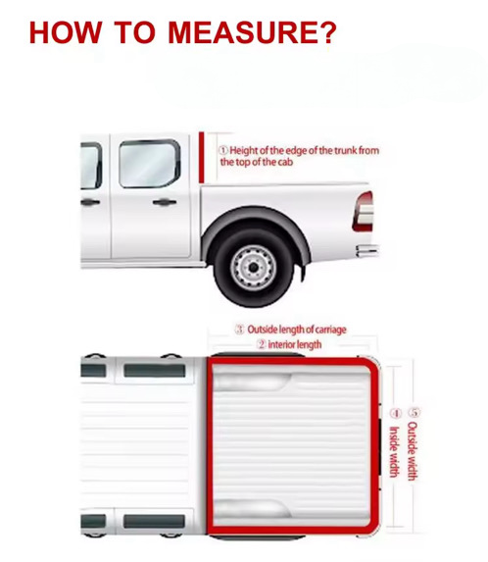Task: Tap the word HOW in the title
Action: (65, 32)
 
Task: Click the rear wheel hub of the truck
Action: (253, 267)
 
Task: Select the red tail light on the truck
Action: (364, 211)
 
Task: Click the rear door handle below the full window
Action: (165, 202)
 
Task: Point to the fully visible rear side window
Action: (150, 164)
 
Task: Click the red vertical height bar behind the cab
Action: (202, 157)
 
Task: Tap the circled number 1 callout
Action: (223, 150)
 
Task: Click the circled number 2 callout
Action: (262, 345)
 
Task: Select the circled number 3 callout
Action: (239, 330)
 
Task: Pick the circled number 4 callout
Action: (395, 413)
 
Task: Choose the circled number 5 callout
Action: (414, 412)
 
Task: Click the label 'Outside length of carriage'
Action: (297, 330)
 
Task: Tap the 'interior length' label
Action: (295, 345)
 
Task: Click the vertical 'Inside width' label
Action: (394, 452)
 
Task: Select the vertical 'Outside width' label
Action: (413, 451)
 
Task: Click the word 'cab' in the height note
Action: (284, 163)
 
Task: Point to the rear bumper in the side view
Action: (367, 250)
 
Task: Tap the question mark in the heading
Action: (326, 32)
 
